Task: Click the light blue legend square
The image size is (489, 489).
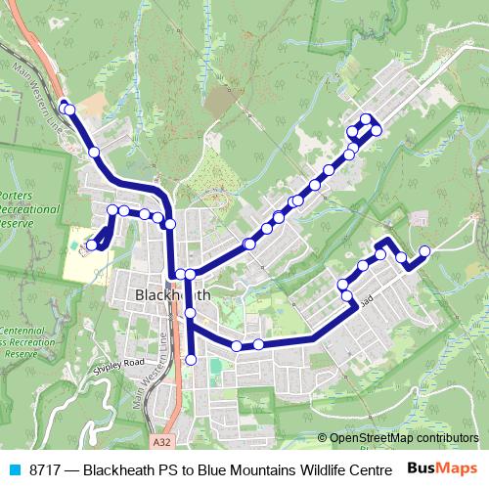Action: pyautogui.click(x=14, y=468)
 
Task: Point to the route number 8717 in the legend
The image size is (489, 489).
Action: pyautogui.click(x=45, y=468)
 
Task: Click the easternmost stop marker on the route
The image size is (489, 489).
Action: pyautogui.click(x=424, y=251)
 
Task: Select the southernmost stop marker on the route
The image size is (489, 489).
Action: pyautogui.click(x=191, y=361)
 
